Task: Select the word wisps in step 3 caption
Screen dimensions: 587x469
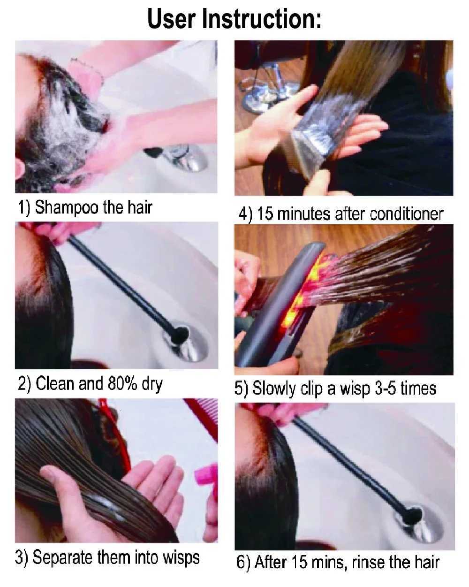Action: [181, 557]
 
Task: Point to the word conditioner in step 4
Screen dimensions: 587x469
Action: [406, 214]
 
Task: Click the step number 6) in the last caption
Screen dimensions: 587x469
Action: [244, 563]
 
